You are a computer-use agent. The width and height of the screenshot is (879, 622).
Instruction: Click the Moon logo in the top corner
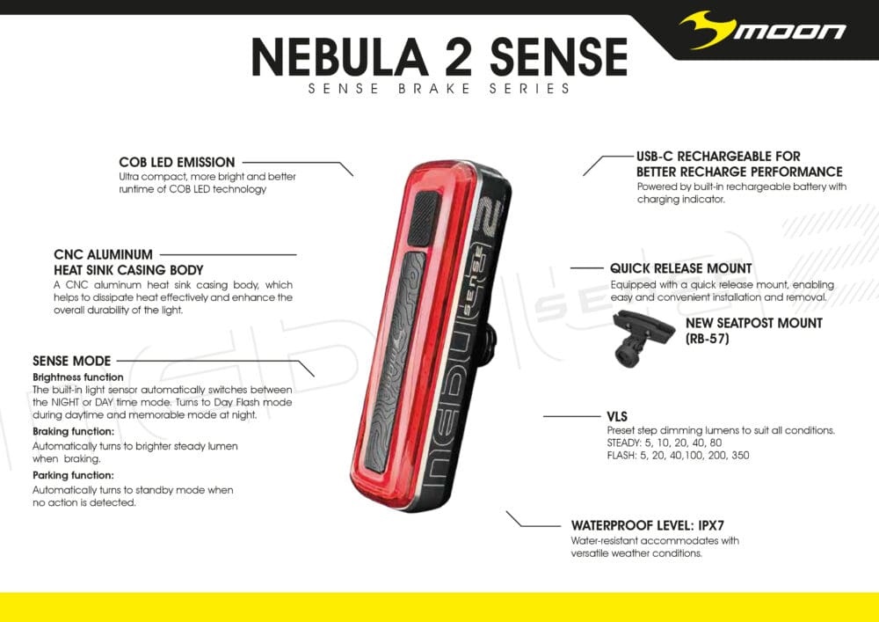(763, 33)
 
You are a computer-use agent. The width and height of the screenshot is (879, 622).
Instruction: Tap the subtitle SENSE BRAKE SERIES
(439, 89)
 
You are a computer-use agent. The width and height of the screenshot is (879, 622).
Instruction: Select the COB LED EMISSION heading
(177, 162)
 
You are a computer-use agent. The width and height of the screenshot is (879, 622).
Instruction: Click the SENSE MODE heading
(72, 361)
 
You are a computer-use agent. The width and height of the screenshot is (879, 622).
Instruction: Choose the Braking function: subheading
(73, 432)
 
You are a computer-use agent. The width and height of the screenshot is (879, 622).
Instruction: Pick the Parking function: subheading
(72, 476)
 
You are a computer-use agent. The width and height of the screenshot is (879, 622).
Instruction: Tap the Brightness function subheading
(78, 377)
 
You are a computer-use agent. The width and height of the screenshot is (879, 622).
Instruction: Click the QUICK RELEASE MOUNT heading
(681, 267)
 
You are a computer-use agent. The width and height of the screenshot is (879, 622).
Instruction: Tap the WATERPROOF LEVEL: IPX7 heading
(653, 525)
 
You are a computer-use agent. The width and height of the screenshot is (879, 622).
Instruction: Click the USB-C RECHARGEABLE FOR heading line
(718, 156)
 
